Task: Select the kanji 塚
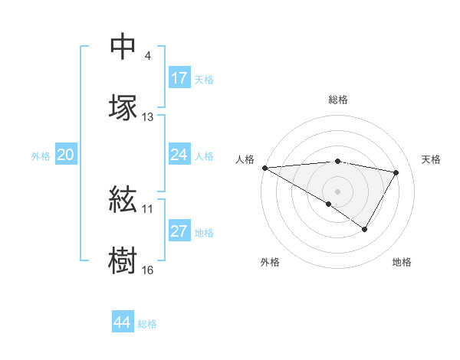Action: click(x=123, y=107)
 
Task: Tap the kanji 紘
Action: click(x=123, y=201)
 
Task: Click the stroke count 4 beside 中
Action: click(x=147, y=56)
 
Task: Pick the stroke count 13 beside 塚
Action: click(x=148, y=117)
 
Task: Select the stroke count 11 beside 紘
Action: click(x=148, y=208)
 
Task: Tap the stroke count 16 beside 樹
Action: click(x=148, y=270)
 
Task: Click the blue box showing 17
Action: click(x=179, y=78)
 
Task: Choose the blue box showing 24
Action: click(x=179, y=155)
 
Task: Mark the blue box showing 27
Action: click(x=179, y=231)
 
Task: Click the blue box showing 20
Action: click(x=66, y=155)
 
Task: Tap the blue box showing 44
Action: click(x=123, y=323)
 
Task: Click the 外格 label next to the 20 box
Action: click(x=41, y=156)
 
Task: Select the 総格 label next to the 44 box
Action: click(x=147, y=324)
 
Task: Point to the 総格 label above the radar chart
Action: click(x=337, y=100)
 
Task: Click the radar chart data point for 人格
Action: click(x=264, y=168)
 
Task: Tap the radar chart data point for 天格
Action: click(x=396, y=172)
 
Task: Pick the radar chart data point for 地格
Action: click(x=365, y=229)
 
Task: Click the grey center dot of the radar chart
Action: click(x=337, y=191)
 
